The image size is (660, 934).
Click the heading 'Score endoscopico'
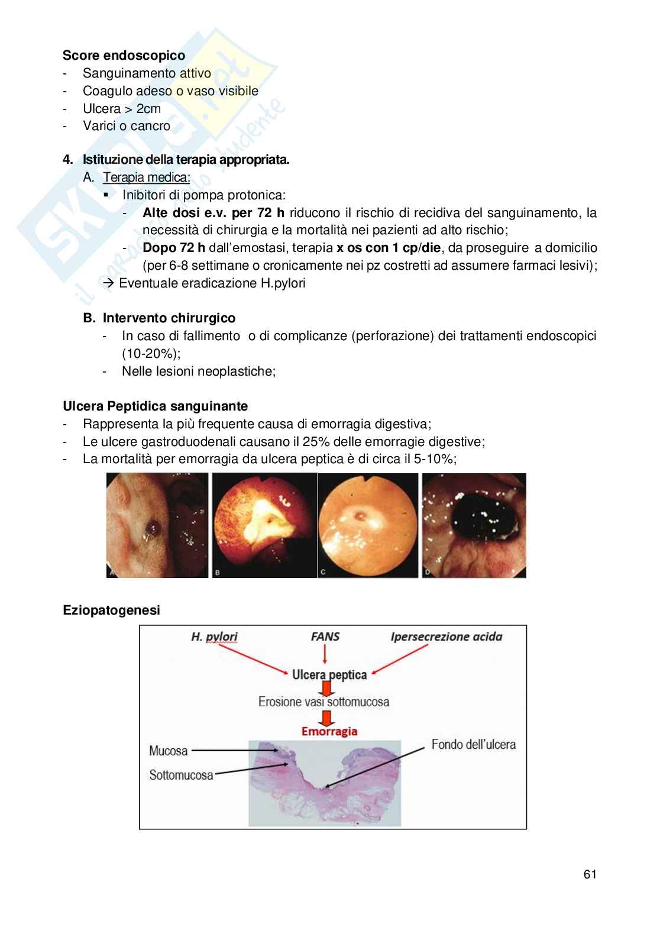click(124, 56)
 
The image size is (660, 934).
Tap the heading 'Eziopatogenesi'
click(111, 610)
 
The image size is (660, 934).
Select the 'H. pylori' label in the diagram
click(214, 637)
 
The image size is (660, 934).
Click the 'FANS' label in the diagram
click(325, 637)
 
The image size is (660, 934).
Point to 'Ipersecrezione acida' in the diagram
click(446, 637)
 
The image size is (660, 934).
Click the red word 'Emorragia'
click(329, 731)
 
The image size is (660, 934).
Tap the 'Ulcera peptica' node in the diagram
click(329, 674)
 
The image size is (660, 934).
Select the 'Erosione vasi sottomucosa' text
click(323, 702)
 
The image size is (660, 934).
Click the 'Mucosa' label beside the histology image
click(169, 751)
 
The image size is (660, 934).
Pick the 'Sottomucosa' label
click(181, 775)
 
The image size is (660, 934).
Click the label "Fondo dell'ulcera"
click(473, 744)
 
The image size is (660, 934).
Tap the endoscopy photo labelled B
click(264, 525)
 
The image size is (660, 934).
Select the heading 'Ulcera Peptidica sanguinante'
click(156, 406)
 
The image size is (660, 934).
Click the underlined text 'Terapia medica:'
click(147, 177)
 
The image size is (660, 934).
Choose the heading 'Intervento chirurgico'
click(169, 318)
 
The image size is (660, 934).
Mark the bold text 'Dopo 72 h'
click(174, 248)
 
